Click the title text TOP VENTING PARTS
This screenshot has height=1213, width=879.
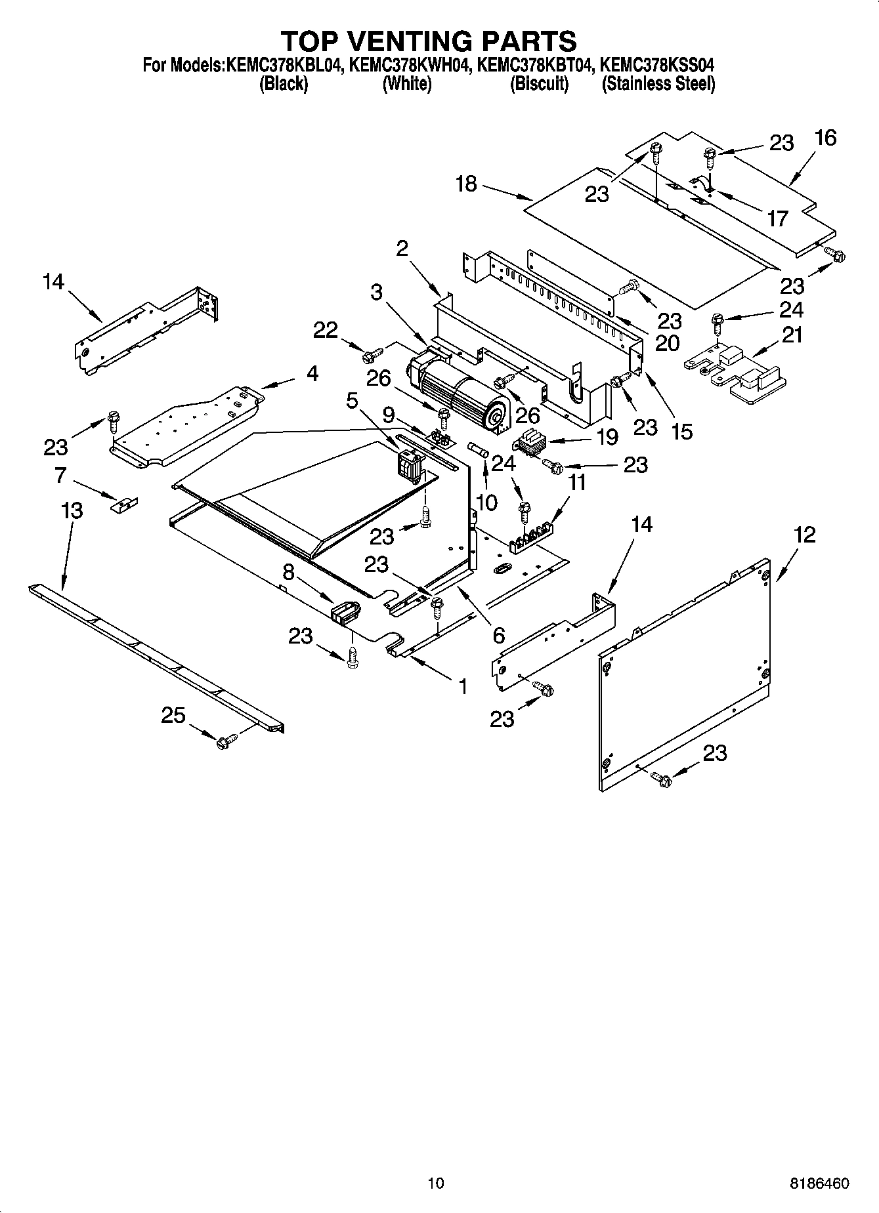(x=429, y=41)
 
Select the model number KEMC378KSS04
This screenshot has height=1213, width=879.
(x=656, y=66)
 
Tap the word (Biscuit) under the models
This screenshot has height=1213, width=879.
(x=539, y=84)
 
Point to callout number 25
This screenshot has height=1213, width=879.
(x=173, y=715)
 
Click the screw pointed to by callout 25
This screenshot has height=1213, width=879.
(x=225, y=741)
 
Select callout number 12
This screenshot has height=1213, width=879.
(x=804, y=535)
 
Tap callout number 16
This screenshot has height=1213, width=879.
(x=825, y=138)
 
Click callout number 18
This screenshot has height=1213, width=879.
(x=466, y=184)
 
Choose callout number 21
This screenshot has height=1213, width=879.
(x=792, y=335)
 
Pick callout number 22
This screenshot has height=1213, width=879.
(x=325, y=330)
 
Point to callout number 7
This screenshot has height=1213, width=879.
(x=61, y=474)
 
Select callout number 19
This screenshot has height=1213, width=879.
(x=607, y=437)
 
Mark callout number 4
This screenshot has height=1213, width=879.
(x=312, y=374)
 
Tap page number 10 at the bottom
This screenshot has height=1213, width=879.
(x=435, y=1183)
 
